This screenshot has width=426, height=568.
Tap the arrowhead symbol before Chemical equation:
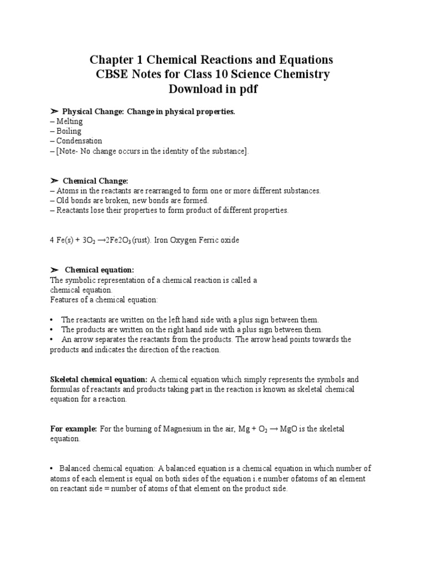(54, 270)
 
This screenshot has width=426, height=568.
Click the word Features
(64, 300)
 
